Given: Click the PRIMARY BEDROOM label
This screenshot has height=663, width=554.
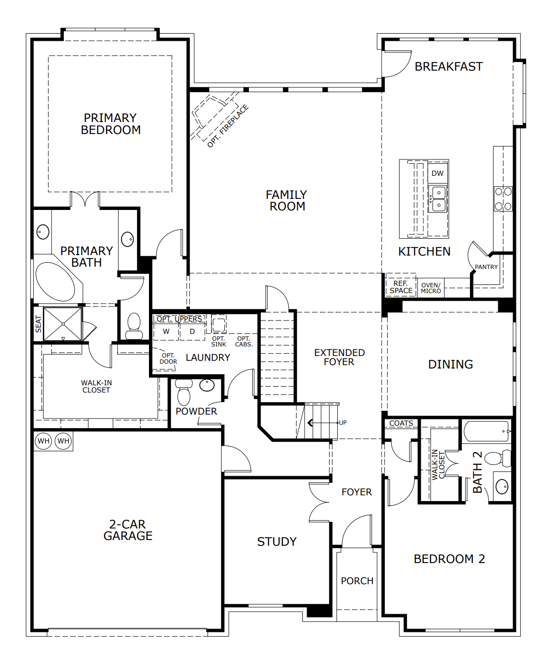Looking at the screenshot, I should pyautogui.click(x=111, y=124).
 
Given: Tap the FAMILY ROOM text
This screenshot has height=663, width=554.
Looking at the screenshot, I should pyautogui.click(x=287, y=200).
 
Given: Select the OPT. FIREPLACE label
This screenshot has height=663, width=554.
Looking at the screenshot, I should pyautogui.click(x=228, y=126).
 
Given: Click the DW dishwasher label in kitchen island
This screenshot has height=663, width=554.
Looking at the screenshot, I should pyautogui.click(x=437, y=173).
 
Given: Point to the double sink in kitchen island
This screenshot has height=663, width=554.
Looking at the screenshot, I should pyautogui.click(x=438, y=199).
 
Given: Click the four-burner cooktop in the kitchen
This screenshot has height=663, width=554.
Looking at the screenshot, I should pyautogui.click(x=503, y=199).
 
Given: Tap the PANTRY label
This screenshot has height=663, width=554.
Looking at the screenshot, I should pyautogui.click(x=486, y=267).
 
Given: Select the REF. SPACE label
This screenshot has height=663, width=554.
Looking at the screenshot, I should pyautogui.click(x=401, y=287).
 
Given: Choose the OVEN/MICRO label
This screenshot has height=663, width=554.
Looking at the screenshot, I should pyautogui.click(x=431, y=288).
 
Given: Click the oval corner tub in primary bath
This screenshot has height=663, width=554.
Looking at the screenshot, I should pyautogui.click(x=55, y=282).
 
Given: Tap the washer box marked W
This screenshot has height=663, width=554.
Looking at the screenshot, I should pyautogui.click(x=166, y=331).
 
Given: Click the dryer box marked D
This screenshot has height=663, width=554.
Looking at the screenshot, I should pyautogui.click(x=192, y=331).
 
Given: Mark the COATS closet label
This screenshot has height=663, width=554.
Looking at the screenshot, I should pyautogui.click(x=401, y=423).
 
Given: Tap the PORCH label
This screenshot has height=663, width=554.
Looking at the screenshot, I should pyautogui.click(x=357, y=581).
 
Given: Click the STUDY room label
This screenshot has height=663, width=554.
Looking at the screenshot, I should pyautogui.click(x=277, y=542).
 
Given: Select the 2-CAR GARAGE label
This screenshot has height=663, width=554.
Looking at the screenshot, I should pyautogui.click(x=128, y=530).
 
